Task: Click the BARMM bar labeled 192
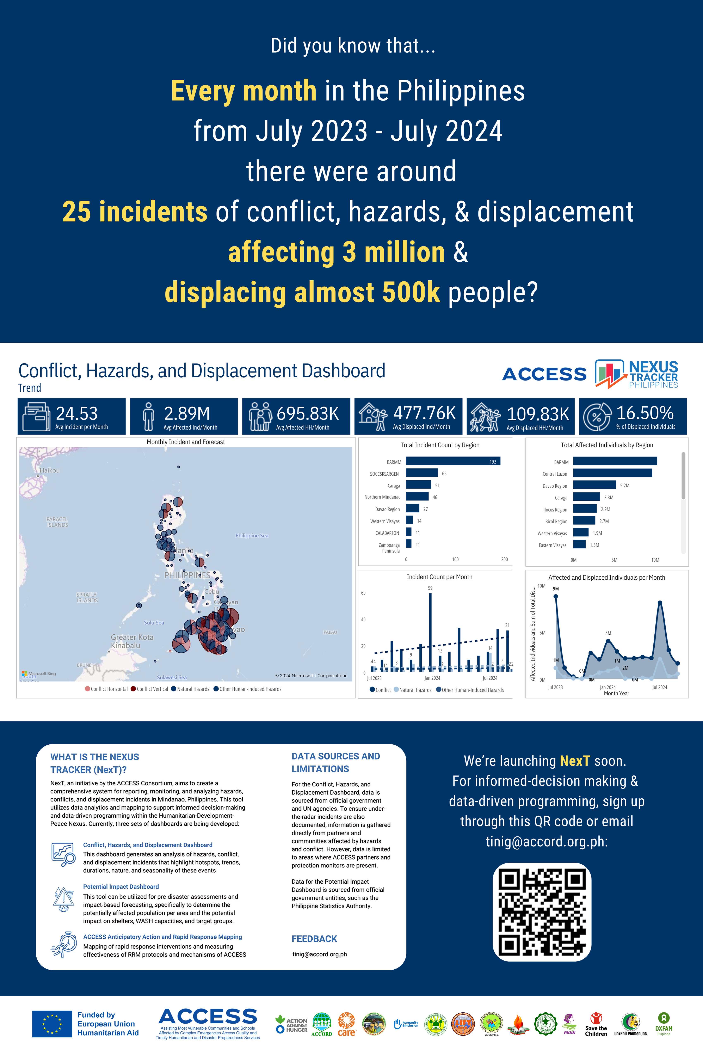453,461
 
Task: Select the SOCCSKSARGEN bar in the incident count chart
421,473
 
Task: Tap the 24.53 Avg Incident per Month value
77,413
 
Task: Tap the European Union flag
52,1024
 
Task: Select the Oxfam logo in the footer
664,1024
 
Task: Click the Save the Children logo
596,1024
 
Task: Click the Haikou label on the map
49,471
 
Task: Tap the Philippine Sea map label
252,536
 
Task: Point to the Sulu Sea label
154,623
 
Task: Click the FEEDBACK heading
314,939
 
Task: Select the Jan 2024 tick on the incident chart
432,678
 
